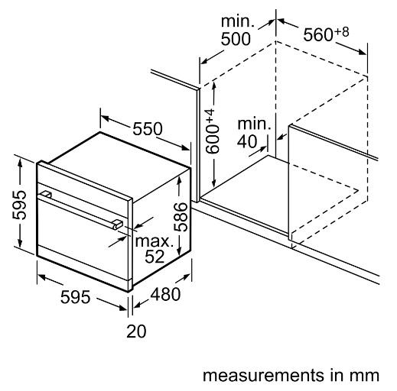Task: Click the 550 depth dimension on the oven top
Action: click(148, 129)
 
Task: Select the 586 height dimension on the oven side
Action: click(181, 217)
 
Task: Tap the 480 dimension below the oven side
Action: click(165, 294)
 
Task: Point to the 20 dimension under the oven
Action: click(136, 331)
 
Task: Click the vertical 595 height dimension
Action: click(19, 205)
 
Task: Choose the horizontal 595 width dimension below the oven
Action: click(76, 297)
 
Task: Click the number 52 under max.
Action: click(155, 257)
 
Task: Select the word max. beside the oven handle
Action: click(155, 241)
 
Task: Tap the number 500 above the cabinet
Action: click(236, 39)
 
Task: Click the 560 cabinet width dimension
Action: click(318, 35)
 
